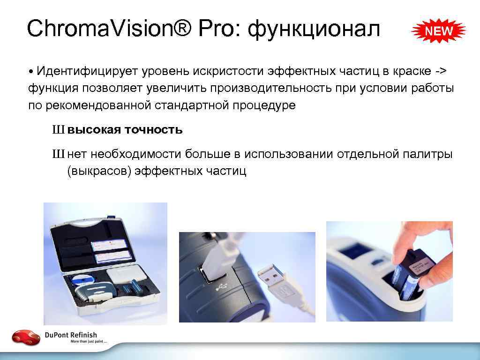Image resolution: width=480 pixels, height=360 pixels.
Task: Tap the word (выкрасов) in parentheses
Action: (99, 171)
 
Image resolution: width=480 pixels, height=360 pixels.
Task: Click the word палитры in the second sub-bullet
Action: (427, 154)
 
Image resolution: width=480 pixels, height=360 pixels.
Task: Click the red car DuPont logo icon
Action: (26, 337)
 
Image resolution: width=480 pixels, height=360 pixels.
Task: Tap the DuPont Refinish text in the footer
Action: (71, 335)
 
